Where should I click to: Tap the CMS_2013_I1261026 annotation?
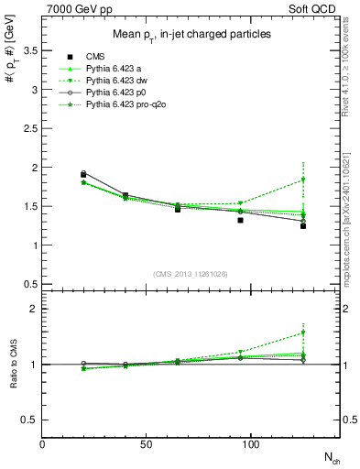coord(191,272)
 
